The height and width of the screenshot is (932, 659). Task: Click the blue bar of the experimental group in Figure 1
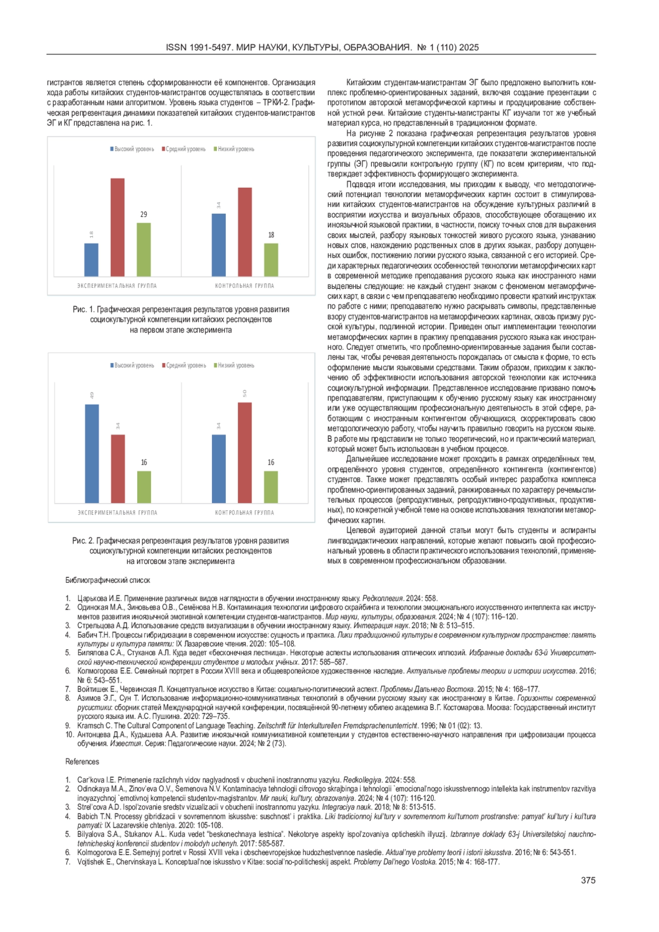91,260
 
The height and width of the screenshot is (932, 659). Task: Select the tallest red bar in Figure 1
118,227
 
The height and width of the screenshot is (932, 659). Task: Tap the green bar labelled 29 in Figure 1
143,249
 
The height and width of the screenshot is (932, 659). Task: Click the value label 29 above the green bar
143,215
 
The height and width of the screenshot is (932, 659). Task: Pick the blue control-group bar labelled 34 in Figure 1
219,245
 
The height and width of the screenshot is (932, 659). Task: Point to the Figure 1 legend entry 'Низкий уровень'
234,149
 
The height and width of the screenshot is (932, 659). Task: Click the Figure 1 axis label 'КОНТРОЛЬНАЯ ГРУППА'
244,286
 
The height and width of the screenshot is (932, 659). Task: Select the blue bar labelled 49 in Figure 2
92,454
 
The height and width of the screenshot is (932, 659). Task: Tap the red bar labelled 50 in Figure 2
245,453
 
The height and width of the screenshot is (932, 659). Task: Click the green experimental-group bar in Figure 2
144,487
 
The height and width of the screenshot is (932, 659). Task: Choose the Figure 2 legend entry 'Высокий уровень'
132,365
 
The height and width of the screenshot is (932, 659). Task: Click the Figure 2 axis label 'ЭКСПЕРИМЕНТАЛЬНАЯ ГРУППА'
118,512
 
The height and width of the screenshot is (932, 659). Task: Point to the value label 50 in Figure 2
245,393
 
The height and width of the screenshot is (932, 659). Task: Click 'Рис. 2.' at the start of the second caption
83,541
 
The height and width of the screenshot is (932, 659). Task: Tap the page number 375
588,880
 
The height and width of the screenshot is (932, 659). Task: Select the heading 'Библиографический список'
108,580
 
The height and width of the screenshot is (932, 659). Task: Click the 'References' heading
82,762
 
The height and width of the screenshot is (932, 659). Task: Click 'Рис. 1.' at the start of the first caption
83,310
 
